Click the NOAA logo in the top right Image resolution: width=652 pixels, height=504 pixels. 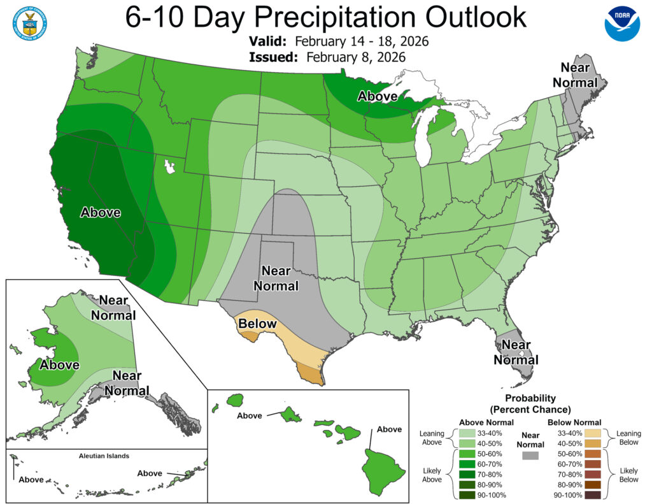coord(621,24)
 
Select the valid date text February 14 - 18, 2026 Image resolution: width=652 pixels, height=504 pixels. coord(362,42)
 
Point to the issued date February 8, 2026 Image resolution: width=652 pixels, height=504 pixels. coord(355,57)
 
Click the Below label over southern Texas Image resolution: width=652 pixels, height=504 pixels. coord(257,324)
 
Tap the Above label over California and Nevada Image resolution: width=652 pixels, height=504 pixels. coord(101,212)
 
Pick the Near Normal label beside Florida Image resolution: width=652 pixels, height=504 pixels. coord(516,352)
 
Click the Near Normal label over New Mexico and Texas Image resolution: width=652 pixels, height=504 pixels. coord(276,278)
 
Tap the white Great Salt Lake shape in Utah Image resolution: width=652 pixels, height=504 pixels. coord(169,168)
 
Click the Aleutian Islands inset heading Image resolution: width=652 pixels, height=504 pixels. coord(104,456)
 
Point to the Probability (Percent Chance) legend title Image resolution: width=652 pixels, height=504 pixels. coord(530,403)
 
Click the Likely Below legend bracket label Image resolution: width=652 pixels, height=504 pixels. coord(628,475)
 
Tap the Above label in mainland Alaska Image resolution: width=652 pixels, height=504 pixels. coord(59,365)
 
